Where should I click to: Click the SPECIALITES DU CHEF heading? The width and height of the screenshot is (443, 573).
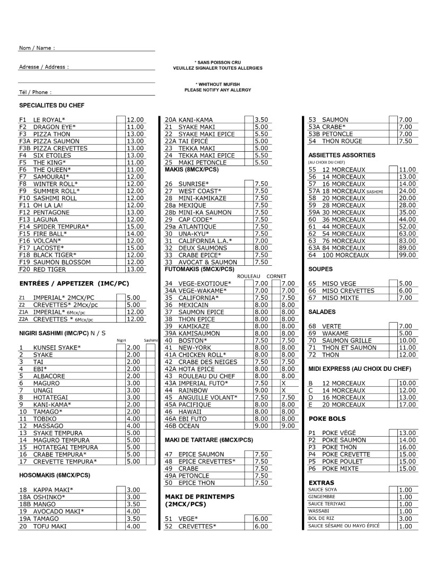point(51,106)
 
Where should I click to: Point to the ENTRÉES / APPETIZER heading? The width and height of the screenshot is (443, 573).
point(74,283)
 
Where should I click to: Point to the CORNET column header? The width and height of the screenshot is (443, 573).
point(276,276)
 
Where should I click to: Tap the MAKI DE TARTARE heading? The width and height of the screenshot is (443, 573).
point(209,440)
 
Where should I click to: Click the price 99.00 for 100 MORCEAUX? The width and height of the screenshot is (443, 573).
point(408,255)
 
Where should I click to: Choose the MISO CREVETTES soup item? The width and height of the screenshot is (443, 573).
point(348,291)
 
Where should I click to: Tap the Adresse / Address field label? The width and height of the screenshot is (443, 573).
point(44,67)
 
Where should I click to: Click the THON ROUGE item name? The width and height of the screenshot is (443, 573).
point(342,141)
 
